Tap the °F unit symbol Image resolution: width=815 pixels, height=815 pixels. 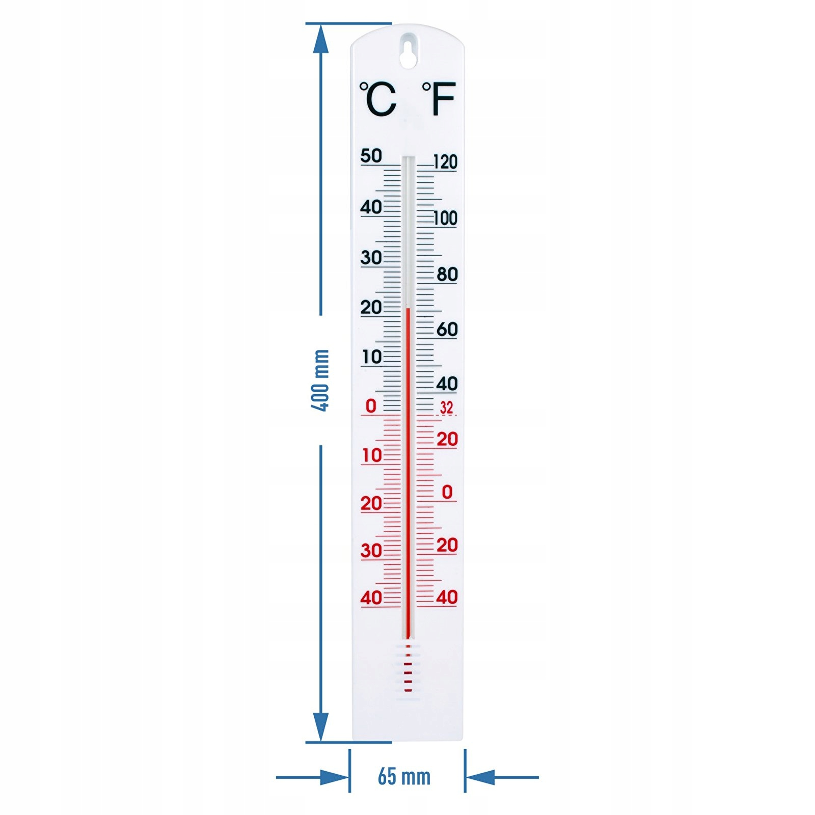click(439, 99)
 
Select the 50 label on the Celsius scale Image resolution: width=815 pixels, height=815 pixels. click(371, 156)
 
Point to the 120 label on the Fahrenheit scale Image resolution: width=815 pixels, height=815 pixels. click(445, 162)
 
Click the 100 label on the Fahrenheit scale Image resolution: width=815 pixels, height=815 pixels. click(445, 219)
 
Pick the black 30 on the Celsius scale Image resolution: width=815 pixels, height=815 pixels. click(371, 258)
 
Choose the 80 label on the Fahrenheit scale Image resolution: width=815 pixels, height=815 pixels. click(447, 275)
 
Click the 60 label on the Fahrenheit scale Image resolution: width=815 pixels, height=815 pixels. click(447, 330)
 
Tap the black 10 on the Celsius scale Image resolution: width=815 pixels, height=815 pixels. click(372, 357)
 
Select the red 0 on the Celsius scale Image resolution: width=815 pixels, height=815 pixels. click(371, 406)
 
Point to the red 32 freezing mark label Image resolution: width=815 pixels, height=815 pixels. click(446, 408)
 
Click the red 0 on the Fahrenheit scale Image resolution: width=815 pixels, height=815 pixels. click(447, 492)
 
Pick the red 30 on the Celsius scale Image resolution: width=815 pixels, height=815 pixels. click(371, 551)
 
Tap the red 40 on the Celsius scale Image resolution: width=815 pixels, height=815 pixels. click(371, 597)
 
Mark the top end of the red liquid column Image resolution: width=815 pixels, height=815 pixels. click(408, 309)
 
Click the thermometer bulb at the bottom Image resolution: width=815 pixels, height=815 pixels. click(408, 670)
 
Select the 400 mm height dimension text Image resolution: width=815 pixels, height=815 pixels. click(321, 380)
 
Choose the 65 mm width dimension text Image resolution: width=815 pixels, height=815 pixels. click(404, 777)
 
